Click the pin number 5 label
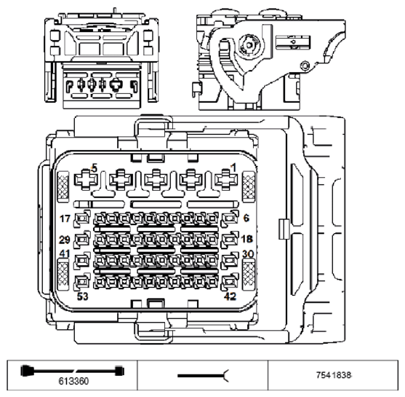pos(95,168)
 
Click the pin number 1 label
pos(234,168)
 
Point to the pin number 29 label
pos(65,240)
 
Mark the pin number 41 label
pos(65,254)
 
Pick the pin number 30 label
pos(247,254)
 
